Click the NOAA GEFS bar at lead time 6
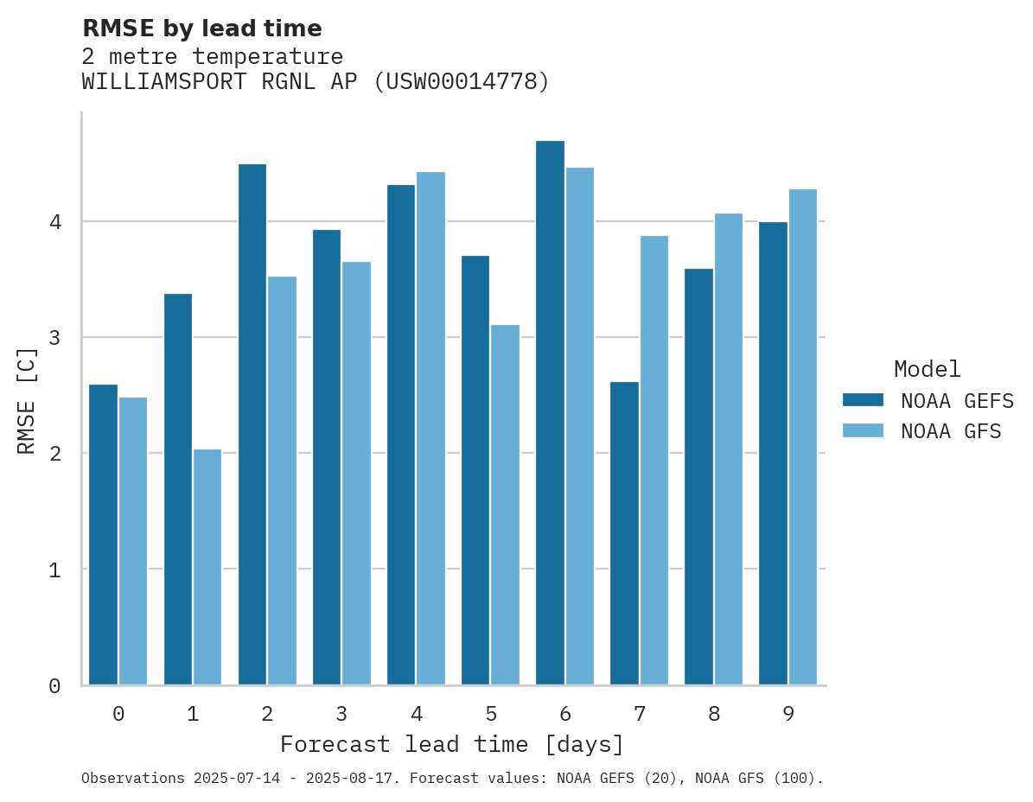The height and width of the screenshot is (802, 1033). [x=550, y=412]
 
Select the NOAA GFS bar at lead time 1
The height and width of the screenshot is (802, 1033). [x=207, y=567]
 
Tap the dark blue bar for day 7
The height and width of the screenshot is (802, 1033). [x=624, y=533]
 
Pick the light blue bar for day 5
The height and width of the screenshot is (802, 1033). [x=505, y=505]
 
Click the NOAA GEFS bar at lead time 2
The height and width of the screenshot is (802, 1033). [x=252, y=424]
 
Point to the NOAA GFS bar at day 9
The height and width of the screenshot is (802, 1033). [x=802, y=436]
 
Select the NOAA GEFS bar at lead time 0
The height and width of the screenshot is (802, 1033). [x=103, y=535]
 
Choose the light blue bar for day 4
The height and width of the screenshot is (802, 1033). [x=430, y=428]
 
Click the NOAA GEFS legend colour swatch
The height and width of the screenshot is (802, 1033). [x=863, y=400]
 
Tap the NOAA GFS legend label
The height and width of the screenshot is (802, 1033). [x=951, y=431]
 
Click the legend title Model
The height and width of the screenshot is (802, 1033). [x=927, y=369]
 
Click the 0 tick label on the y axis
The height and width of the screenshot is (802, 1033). [x=54, y=686]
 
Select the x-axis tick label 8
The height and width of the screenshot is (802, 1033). [x=714, y=714]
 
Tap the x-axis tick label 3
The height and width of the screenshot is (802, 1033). [x=341, y=714]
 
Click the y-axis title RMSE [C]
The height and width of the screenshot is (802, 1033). [x=28, y=400]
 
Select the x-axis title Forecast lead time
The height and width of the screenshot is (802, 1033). [x=451, y=744]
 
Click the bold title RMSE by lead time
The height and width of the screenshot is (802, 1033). [x=201, y=29]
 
